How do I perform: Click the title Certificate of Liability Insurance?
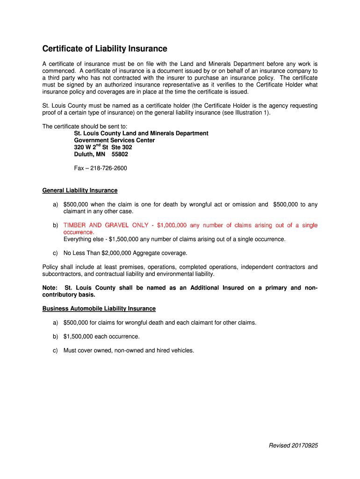(x=105, y=49)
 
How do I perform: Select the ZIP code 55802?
(x=119, y=154)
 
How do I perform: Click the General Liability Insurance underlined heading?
(x=80, y=190)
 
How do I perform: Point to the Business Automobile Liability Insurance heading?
(x=99, y=309)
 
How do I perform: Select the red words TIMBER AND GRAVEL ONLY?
(x=106, y=225)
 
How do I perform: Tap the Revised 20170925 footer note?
(x=293, y=446)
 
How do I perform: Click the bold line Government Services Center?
(x=115, y=140)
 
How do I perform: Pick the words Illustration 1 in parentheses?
(x=252, y=113)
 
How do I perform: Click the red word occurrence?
(x=79, y=232)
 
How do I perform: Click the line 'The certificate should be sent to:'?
(x=85, y=126)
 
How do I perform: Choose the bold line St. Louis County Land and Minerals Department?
(x=141, y=133)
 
